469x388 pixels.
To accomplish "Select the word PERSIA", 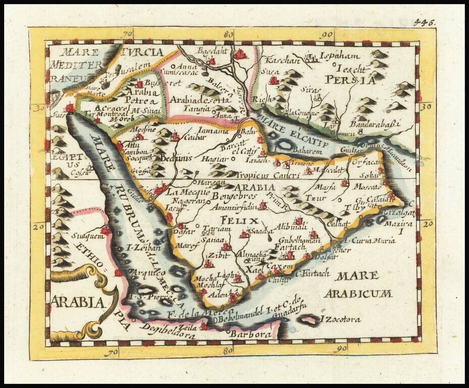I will click(x=350, y=80).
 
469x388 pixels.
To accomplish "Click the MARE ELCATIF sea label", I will click(x=292, y=131).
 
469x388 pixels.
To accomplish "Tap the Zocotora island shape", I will click(x=307, y=320).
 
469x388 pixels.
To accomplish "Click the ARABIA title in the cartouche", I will click(x=78, y=303).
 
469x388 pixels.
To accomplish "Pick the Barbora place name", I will click(x=247, y=334).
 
